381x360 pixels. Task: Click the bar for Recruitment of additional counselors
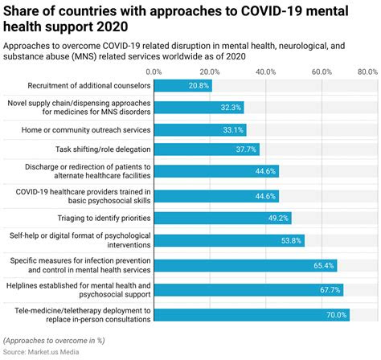tap(183, 86)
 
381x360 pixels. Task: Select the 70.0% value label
tap(337, 315)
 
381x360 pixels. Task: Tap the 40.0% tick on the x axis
tap(266, 72)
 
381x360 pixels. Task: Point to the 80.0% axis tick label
tap(367, 72)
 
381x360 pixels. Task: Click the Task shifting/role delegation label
tap(103, 149)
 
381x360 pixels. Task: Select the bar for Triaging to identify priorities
tap(223, 218)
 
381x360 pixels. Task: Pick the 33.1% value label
tap(233, 130)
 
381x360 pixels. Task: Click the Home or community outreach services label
tap(86, 130)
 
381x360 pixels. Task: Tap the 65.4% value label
tap(324, 265)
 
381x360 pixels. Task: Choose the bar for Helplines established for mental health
tap(248, 290)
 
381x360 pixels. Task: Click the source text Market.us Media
tap(54, 352)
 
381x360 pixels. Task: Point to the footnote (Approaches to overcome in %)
tap(54, 341)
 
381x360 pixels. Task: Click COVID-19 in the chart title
tap(272, 11)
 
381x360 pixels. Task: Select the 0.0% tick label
tap(154, 72)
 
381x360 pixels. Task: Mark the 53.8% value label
tap(291, 240)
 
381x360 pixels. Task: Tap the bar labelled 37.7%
tap(207, 149)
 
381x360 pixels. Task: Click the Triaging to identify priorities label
tap(104, 218)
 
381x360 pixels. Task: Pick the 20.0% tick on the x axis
tap(210, 72)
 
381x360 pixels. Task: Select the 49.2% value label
tap(278, 218)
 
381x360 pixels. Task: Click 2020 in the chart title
tap(112, 27)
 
